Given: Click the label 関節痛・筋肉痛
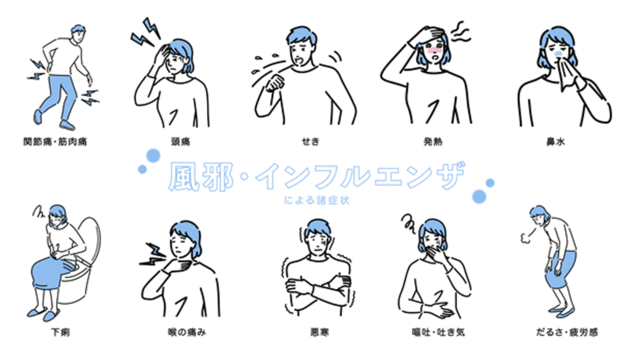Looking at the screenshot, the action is coord(55,142).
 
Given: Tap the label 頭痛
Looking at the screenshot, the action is coord(181,142).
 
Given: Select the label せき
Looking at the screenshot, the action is coord(310,142).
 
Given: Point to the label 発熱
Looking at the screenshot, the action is coord(433,142).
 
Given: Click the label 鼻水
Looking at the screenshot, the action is coord(556,142).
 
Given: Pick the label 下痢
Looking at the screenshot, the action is coord(61,332).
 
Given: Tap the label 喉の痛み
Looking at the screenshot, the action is coord(187,332).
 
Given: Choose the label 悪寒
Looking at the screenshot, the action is coord(320,332).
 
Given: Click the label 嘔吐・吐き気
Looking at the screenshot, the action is coord(438,332).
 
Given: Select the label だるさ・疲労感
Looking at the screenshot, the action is coord(567,332).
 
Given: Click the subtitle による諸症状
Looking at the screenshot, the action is coord(316,200).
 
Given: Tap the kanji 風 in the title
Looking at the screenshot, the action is coord(184,176).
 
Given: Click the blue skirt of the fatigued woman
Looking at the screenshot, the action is coord(561,270).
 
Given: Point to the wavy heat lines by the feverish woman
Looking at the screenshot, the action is coord(460,32).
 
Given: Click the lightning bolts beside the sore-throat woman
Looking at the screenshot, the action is coord(153,255).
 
